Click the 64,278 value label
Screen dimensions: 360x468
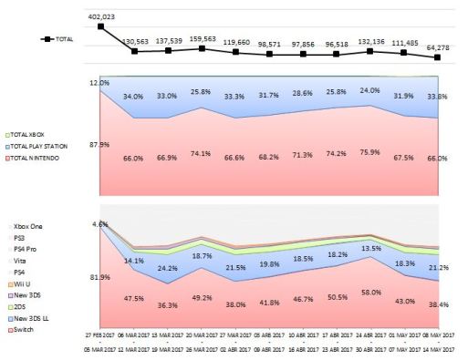coord(440,46)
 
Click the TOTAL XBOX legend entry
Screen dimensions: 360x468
coord(34,134)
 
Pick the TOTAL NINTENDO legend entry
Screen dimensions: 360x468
coord(37,157)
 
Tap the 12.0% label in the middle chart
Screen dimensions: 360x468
coord(99,83)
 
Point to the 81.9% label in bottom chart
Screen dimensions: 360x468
coord(99,277)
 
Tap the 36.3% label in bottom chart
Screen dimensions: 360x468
coord(168,305)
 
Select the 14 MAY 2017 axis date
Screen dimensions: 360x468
coord(439,347)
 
